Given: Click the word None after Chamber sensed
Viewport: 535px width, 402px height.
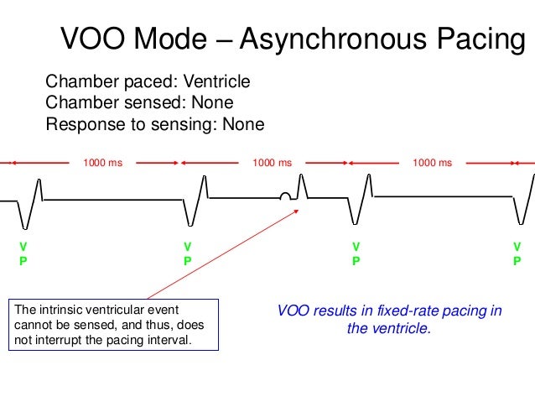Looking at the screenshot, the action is pos(211,102).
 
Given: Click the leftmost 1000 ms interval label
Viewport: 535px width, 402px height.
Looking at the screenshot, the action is pos(102,163).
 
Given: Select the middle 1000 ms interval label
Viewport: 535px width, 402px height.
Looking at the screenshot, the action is pos(273,163).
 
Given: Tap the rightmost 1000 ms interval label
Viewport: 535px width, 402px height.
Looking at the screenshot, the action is pos(432,163).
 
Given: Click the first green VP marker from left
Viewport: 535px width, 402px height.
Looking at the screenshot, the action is pos(23,253).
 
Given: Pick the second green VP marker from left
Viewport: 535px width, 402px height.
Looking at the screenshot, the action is pos(187,253).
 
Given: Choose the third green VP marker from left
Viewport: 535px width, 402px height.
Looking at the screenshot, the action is pos(356,253).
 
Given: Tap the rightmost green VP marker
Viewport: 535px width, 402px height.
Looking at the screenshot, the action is pos(517,253).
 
